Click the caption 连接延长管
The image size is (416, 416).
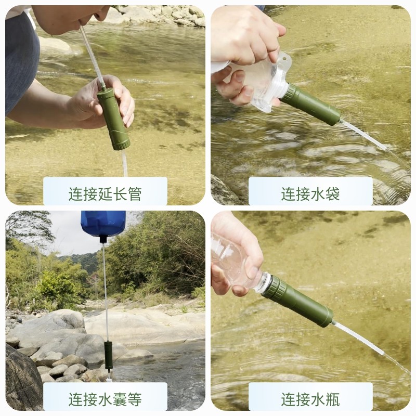105,194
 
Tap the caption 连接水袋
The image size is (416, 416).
310,194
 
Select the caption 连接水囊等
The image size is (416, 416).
105,399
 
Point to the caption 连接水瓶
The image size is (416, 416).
310,399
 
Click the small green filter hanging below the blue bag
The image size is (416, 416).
108,355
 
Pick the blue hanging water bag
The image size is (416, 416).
103,223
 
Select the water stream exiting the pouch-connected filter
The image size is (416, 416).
364,135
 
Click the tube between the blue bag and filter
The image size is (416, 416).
105,291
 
